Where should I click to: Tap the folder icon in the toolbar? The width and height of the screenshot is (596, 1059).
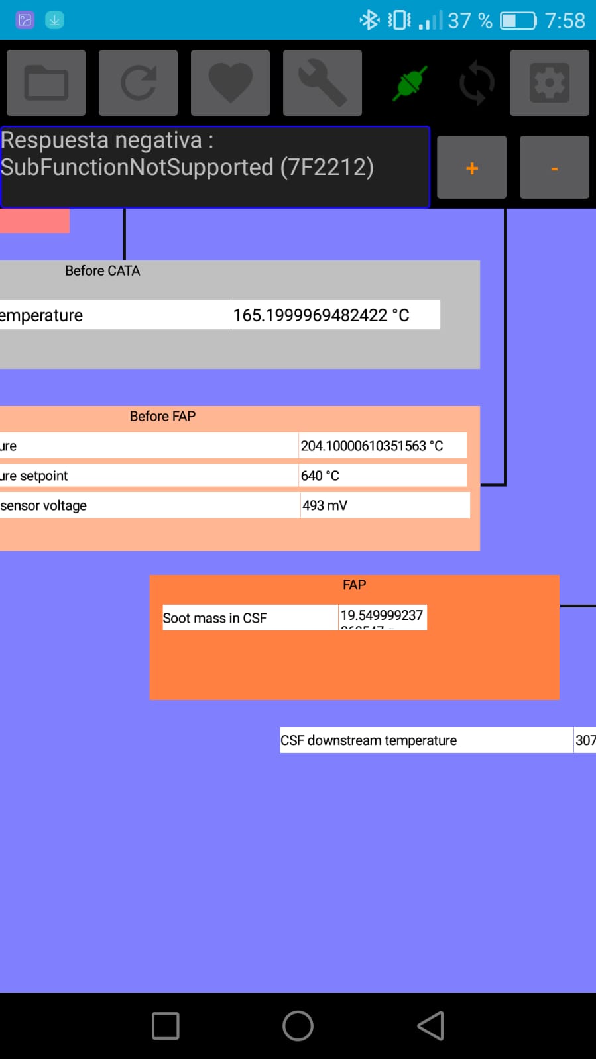(46, 83)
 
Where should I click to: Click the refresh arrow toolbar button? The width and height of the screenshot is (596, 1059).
(138, 83)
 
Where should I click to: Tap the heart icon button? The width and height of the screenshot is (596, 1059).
(230, 83)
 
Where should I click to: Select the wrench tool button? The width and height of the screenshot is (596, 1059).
(322, 83)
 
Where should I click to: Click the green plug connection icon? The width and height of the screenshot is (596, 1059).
(410, 83)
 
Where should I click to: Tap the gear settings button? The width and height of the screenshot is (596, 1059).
(549, 83)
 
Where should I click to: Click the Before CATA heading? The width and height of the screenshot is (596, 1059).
(103, 270)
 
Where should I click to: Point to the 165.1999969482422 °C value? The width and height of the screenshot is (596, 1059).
(321, 315)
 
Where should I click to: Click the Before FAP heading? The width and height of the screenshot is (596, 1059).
(162, 416)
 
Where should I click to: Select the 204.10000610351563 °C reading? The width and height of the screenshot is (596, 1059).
(372, 446)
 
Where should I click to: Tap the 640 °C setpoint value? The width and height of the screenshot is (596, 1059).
(320, 476)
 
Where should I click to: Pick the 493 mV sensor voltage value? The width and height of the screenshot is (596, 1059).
(325, 505)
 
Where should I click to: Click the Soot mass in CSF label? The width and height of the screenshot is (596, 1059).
(215, 618)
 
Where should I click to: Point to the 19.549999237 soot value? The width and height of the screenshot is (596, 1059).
(381, 616)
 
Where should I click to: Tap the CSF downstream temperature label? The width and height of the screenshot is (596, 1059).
(369, 740)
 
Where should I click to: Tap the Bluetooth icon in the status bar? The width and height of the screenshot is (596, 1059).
(369, 20)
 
